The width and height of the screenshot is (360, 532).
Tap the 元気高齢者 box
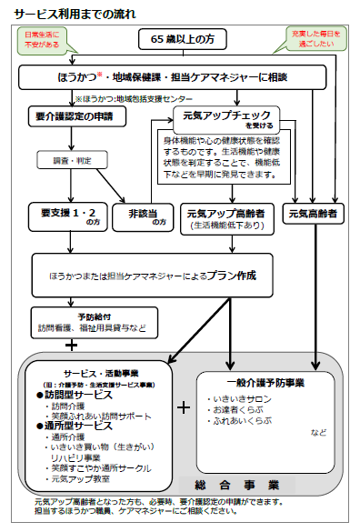pos(312,215)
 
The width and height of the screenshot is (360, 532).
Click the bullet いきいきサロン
pos(238,399)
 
